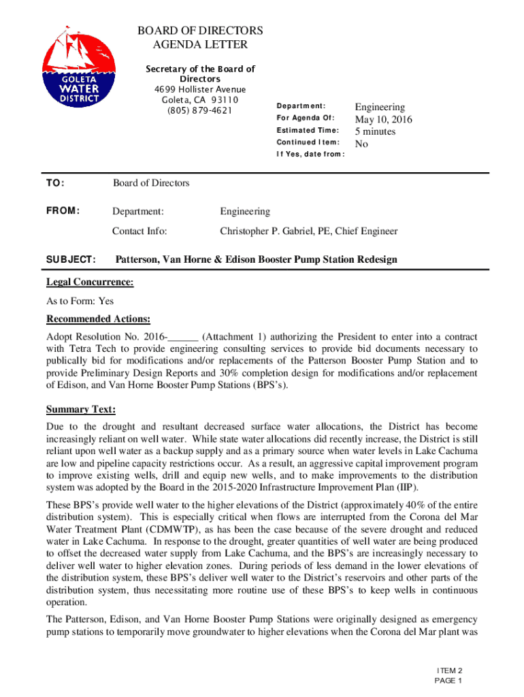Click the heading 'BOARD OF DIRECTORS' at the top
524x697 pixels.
[x=199, y=31]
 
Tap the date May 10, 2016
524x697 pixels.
[x=383, y=120]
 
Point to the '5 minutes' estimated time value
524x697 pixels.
[x=375, y=131]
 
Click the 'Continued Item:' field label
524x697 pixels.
[x=308, y=142]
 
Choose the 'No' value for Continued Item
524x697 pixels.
[x=362, y=144]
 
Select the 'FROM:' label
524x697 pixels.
[x=63, y=211]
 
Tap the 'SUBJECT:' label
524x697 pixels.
[x=70, y=260]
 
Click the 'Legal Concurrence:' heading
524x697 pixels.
[x=90, y=282]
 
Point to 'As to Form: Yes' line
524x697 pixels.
[x=80, y=301]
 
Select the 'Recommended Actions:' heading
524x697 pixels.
[x=98, y=319]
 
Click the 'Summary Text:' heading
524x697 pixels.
[x=80, y=410]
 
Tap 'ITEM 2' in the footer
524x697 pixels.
[x=449, y=670]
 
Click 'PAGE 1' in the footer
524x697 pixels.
[x=449, y=681]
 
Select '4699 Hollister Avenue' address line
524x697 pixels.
[x=199, y=90]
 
